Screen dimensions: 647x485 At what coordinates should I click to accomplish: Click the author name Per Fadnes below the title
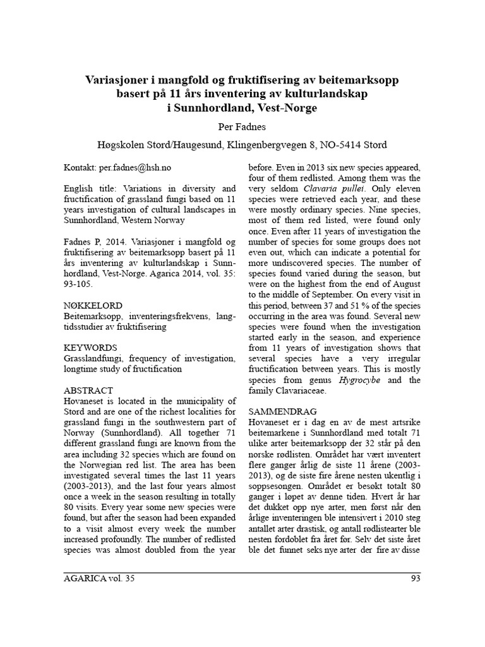242,126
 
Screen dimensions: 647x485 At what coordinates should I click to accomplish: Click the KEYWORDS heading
90,348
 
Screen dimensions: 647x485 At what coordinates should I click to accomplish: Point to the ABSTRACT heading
89,390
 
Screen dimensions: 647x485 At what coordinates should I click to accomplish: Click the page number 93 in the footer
414,577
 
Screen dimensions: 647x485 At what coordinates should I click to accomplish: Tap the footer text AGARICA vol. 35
99,577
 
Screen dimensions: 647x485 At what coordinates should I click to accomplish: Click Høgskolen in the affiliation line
121,145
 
